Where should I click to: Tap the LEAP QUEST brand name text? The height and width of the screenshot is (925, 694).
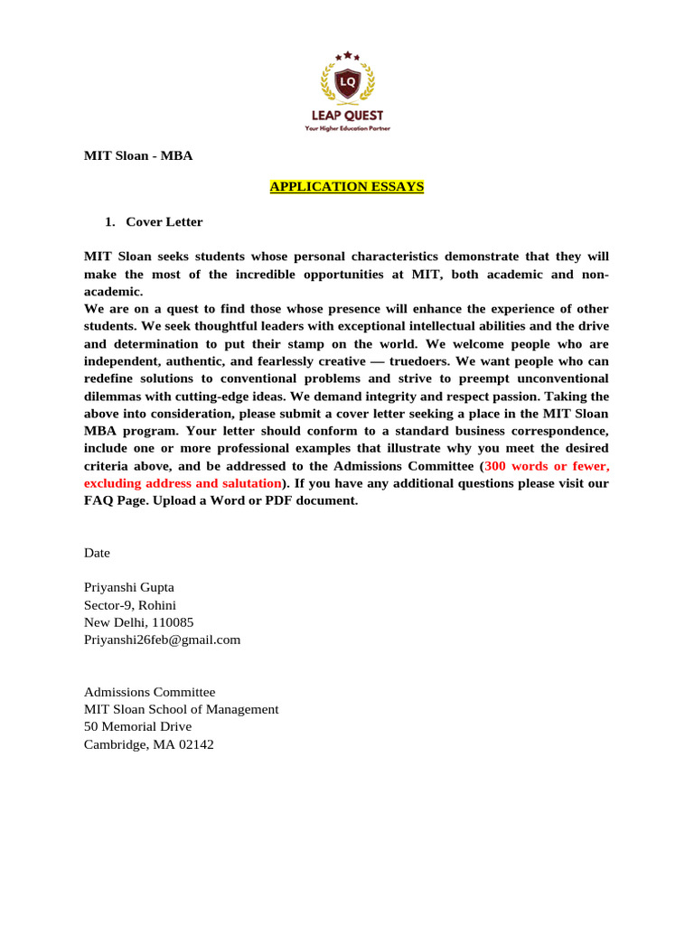pyautogui.click(x=347, y=116)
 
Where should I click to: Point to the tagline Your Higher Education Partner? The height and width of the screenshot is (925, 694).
pyautogui.click(x=347, y=129)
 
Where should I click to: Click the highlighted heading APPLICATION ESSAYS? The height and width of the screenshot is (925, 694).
pyautogui.click(x=347, y=187)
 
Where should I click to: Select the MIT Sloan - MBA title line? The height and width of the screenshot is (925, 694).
pyautogui.click(x=138, y=155)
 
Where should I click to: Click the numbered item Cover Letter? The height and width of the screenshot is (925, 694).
pyautogui.click(x=164, y=221)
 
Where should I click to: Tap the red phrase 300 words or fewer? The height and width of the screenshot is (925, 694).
pyautogui.click(x=547, y=466)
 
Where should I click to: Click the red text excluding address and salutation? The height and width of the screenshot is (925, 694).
pyautogui.click(x=183, y=483)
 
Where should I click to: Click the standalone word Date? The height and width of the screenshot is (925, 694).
pyautogui.click(x=97, y=553)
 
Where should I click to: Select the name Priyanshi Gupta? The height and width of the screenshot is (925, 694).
pyautogui.click(x=129, y=587)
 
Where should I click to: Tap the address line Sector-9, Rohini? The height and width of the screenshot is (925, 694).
pyautogui.click(x=130, y=604)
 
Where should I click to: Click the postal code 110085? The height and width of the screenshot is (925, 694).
pyautogui.click(x=173, y=622)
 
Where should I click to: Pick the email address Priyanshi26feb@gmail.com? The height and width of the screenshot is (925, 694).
pyautogui.click(x=163, y=640)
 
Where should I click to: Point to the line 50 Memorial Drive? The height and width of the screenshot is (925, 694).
pyautogui.click(x=137, y=726)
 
